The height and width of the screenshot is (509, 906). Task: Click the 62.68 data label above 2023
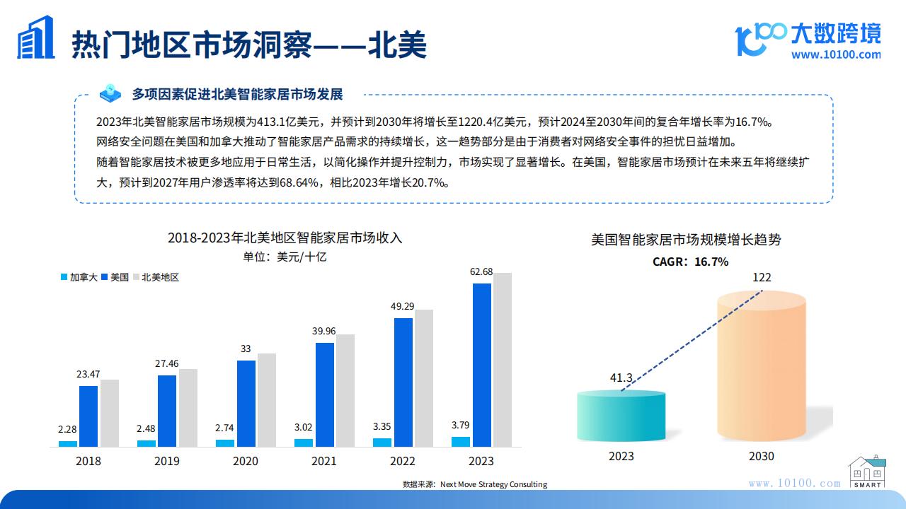coord(481,272)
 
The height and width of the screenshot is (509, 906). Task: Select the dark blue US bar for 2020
coord(246,404)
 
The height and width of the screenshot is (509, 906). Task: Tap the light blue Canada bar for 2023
coord(461,442)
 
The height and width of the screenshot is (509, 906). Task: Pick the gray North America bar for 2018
coord(110,413)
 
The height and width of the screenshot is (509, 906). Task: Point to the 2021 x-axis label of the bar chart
coord(324,461)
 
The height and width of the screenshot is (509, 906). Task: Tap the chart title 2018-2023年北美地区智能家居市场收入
coord(285,238)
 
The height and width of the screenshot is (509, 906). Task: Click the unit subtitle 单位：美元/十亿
coord(285,257)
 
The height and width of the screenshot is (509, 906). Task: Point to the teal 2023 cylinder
coord(621,417)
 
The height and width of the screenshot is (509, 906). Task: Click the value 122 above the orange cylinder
coord(762,277)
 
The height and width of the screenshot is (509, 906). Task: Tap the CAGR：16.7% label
coord(690,262)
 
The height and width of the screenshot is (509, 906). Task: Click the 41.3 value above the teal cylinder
coord(621,378)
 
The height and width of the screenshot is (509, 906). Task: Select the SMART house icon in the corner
coord(867,472)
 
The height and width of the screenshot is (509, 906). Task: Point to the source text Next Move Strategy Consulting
coord(493,484)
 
